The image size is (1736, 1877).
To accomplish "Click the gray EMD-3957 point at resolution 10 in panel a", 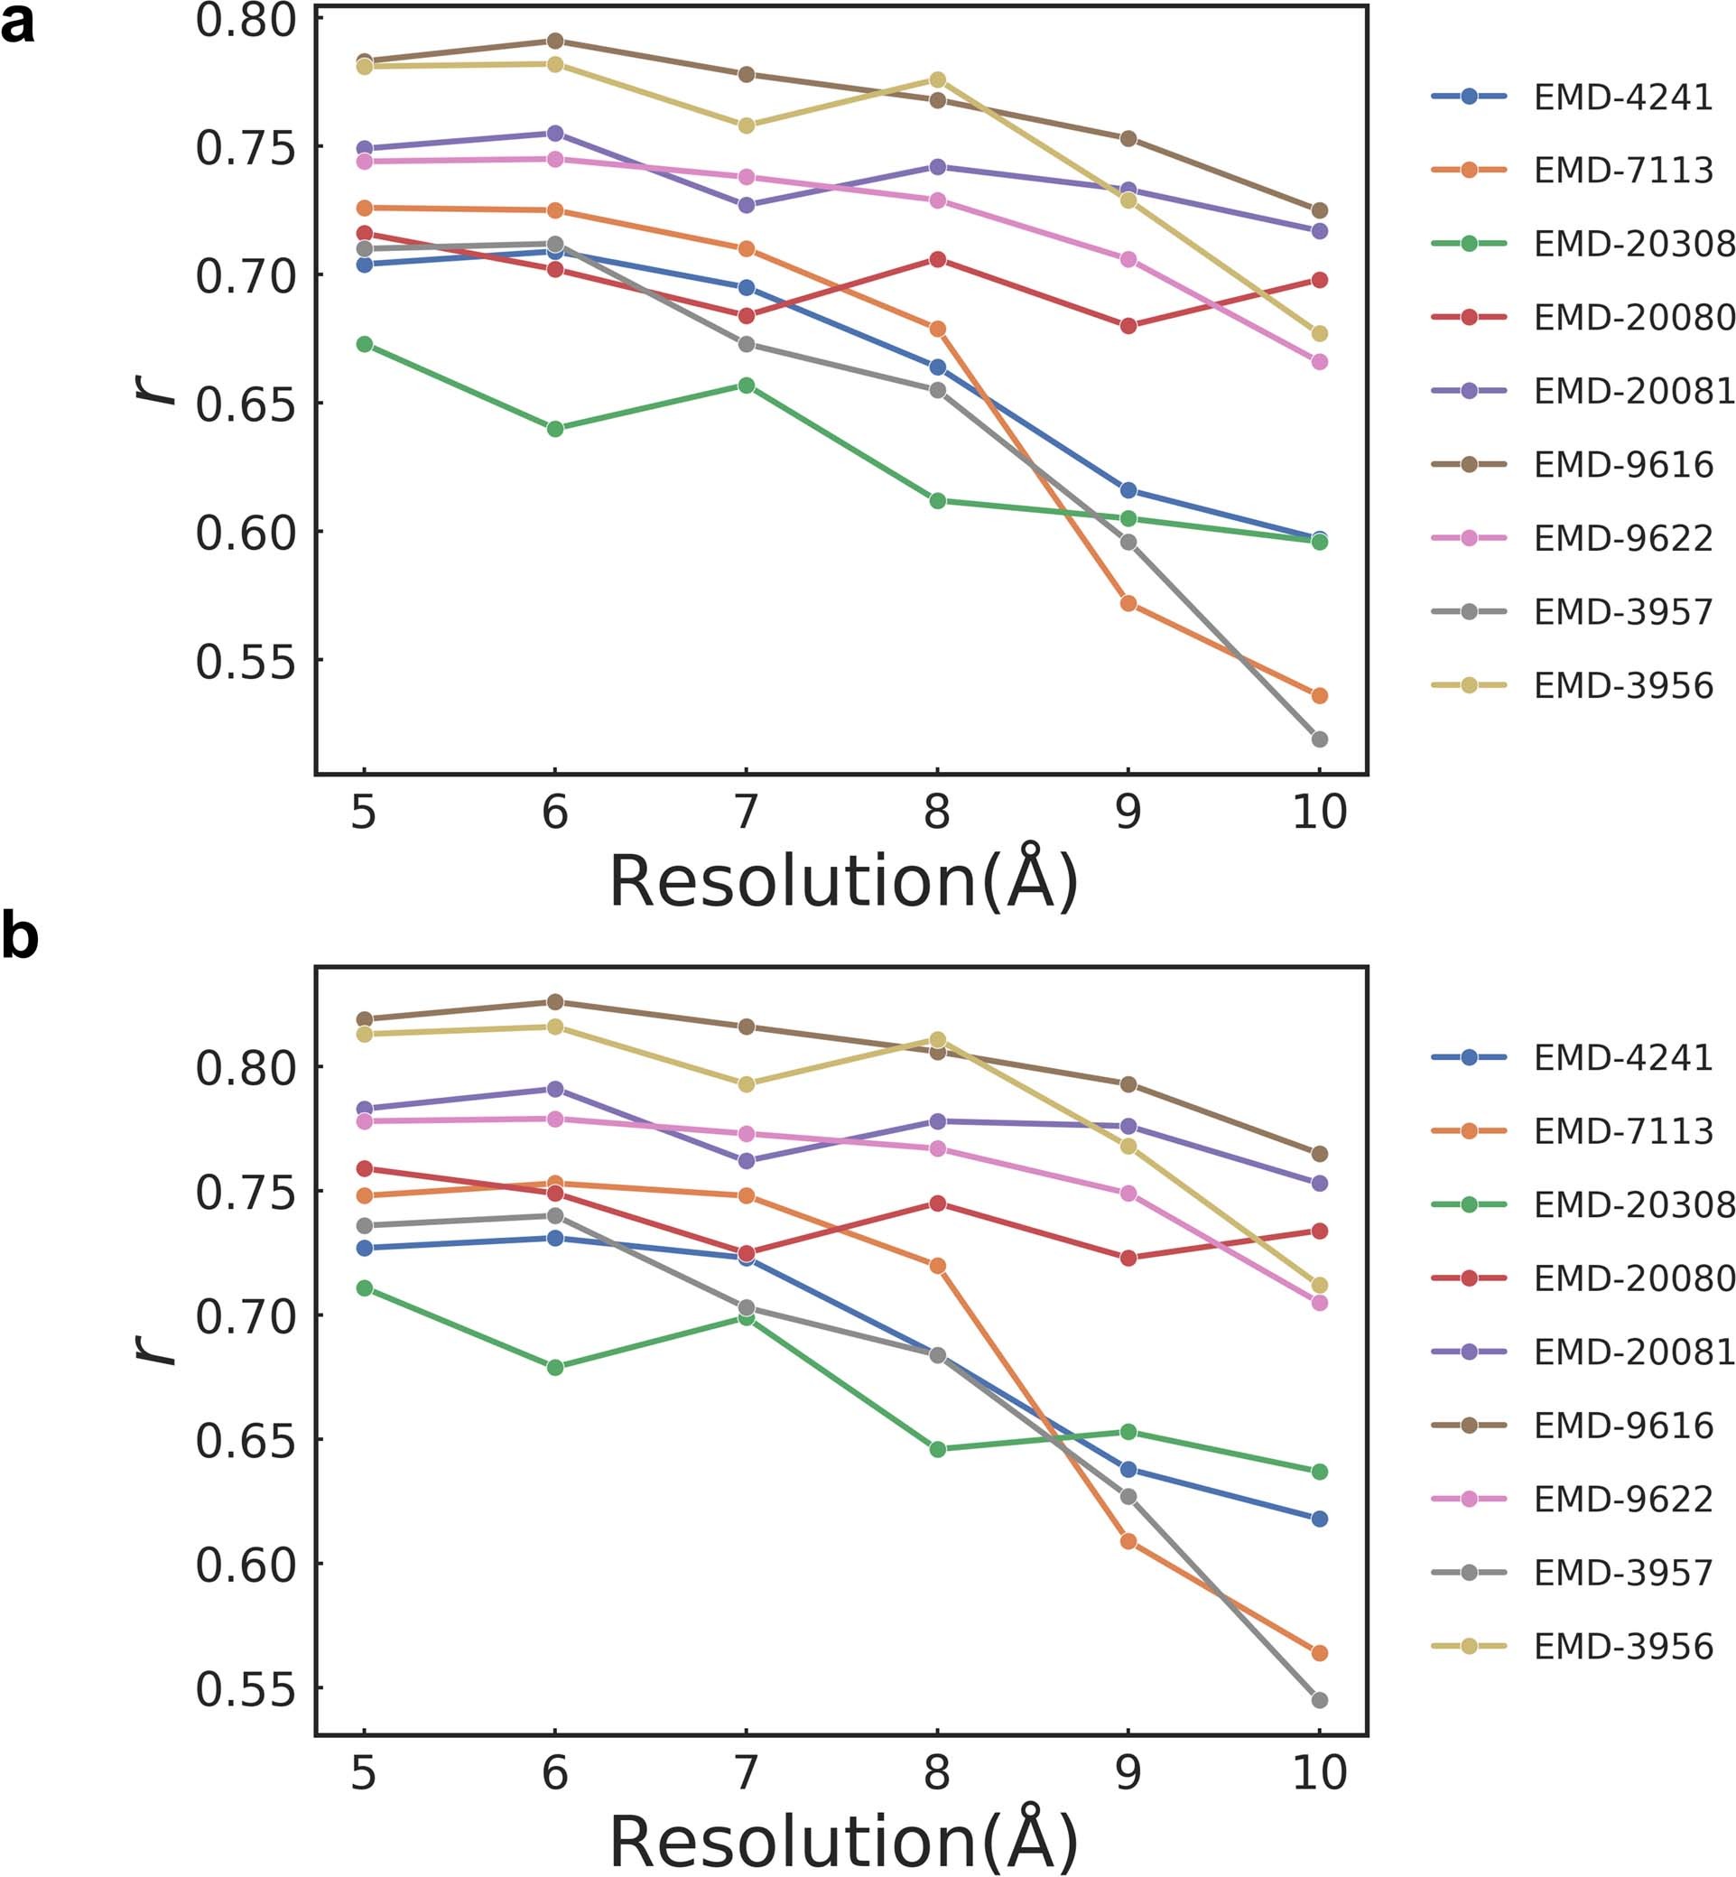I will pyautogui.click(x=1319, y=739).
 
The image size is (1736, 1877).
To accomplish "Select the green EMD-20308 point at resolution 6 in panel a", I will pyautogui.click(x=555, y=428).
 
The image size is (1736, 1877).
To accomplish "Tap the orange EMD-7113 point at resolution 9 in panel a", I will pyautogui.click(x=1128, y=603).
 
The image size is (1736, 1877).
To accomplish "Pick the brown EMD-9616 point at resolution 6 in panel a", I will pyautogui.click(x=555, y=41).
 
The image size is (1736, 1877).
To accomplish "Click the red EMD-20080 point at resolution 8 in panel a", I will pyautogui.click(x=936, y=259).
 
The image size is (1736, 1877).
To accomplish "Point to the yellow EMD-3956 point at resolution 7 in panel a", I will pyautogui.click(x=746, y=125).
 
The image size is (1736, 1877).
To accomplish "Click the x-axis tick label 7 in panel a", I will pyautogui.click(x=746, y=811).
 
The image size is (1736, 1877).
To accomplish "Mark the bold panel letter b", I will pyautogui.click(x=21, y=936).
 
